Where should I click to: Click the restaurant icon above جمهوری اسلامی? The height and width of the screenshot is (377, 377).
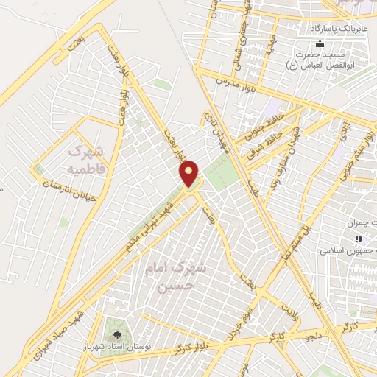click(359, 238)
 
